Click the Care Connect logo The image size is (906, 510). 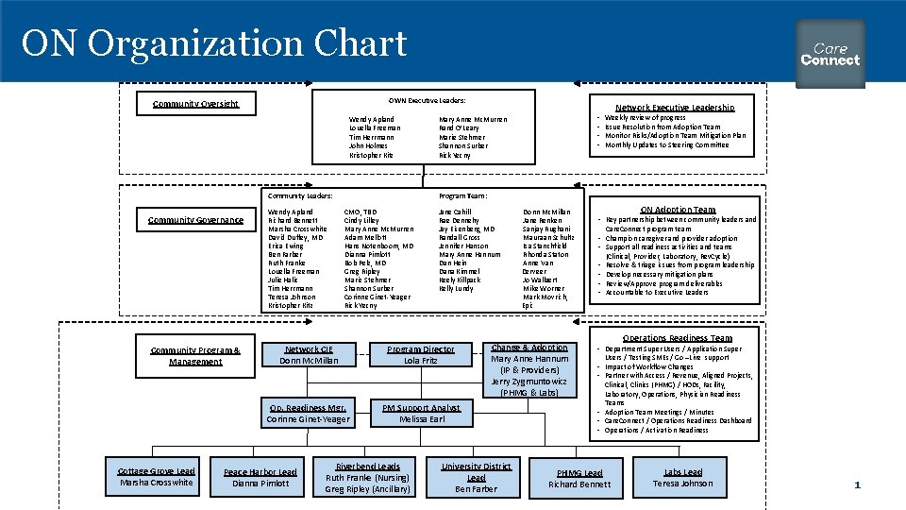(x=830, y=54)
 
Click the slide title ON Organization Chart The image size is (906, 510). (x=214, y=43)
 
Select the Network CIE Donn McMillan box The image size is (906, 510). (x=309, y=355)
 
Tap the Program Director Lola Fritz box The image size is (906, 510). (x=421, y=355)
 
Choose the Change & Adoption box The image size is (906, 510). (x=529, y=369)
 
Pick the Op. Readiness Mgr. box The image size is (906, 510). (x=308, y=414)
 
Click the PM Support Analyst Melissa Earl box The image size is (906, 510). (x=422, y=414)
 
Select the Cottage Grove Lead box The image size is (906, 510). (x=157, y=477)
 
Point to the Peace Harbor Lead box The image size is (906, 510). (x=260, y=478)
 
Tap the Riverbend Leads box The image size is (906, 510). (x=368, y=477)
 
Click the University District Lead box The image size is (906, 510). (x=477, y=477)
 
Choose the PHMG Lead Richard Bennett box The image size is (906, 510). (x=579, y=479)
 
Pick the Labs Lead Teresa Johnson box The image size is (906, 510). (x=682, y=478)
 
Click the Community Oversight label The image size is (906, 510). (x=195, y=104)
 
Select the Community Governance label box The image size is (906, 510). (x=195, y=220)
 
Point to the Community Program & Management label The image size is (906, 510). (x=195, y=356)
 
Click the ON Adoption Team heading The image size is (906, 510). (x=678, y=210)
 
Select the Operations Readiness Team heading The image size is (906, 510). (x=677, y=338)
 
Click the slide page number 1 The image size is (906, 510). (x=857, y=484)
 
